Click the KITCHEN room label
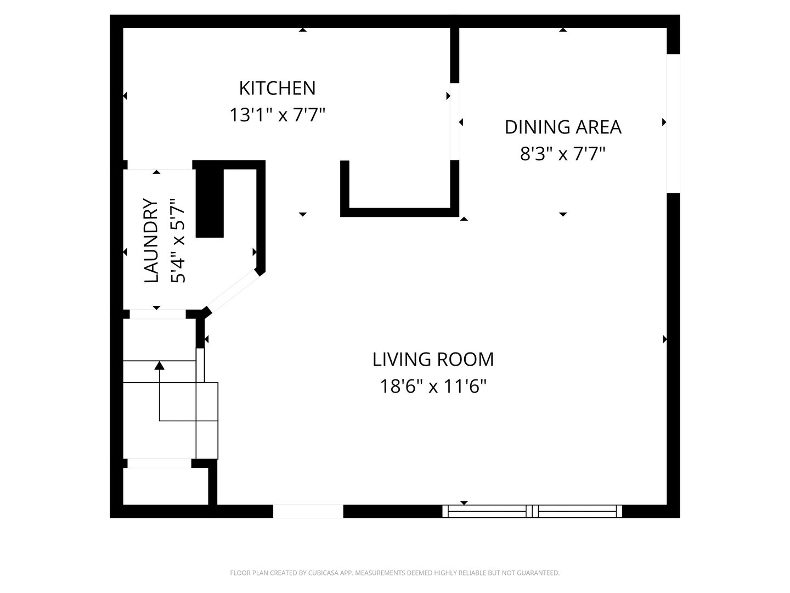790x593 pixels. (x=277, y=88)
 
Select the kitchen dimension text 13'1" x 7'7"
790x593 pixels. (x=277, y=115)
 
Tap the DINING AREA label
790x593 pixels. (x=563, y=127)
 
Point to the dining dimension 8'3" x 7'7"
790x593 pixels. (x=563, y=154)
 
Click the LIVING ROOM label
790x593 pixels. (x=433, y=359)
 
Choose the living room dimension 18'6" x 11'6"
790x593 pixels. (x=433, y=387)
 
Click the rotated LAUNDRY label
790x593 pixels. (x=151, y=240)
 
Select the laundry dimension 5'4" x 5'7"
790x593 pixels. (x=178, y=240)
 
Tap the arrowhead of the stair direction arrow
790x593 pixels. (x=160, y=365)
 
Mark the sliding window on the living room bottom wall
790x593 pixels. (x=532, y=511)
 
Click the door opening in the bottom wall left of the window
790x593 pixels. (x=308, y=511)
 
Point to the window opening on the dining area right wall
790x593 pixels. (x=673, y=124)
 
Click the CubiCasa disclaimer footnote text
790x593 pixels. (x=394, y=573)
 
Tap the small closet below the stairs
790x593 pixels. (x=165, y=486)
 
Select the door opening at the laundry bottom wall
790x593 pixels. (x=157, y=314)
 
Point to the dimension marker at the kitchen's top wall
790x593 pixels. (x=302, y=30)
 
